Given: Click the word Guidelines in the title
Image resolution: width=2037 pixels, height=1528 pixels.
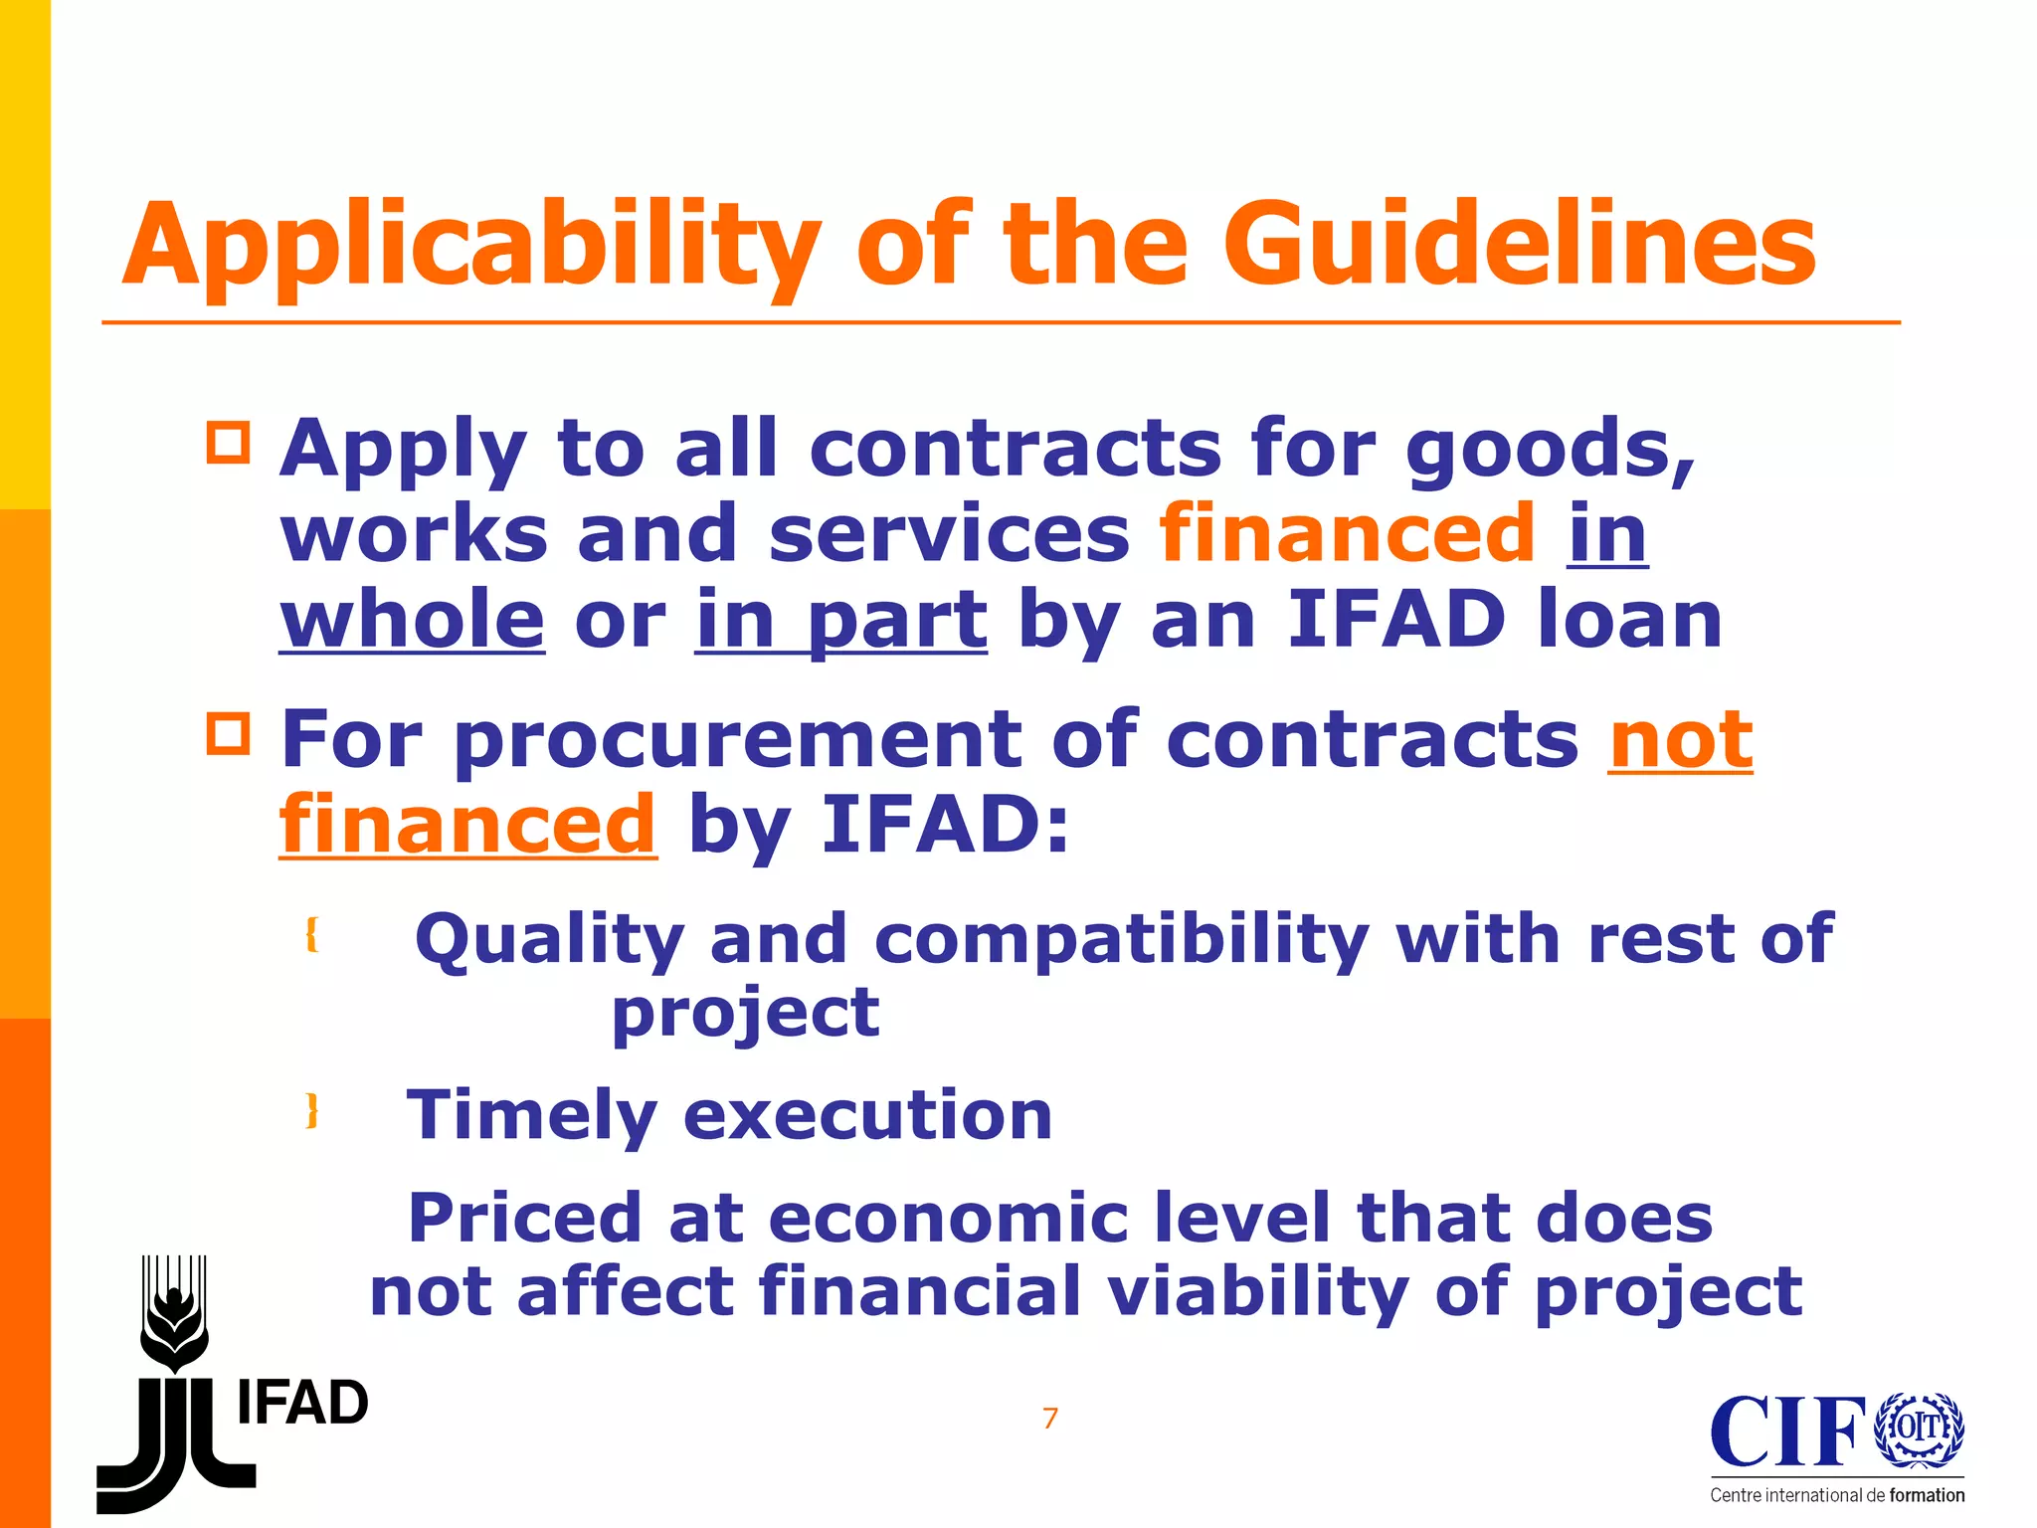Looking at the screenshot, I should tap(1519, 244).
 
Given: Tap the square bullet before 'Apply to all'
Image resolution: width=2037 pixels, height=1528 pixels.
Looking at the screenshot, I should tap(229, 442).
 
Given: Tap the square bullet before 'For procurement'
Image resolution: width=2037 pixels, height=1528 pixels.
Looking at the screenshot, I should tap(229, 734).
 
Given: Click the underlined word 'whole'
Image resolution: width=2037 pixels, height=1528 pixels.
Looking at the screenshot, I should tap(412, 619).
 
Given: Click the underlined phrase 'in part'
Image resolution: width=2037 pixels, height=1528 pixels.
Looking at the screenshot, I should tap(840, 621).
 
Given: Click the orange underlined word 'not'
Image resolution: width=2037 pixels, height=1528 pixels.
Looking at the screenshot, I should tap(1681, 740).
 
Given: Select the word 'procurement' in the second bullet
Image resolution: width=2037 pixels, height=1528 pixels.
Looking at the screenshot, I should tap(736, 742).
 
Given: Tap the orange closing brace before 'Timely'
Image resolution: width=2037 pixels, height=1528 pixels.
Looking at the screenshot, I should tap(312, 1109).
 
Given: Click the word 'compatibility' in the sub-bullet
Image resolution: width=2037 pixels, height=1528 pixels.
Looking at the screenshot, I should tap(1121, 940).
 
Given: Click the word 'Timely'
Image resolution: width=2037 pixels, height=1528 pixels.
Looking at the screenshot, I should tap(531, 1116).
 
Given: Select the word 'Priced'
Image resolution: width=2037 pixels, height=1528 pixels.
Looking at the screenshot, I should tap(525, 1218).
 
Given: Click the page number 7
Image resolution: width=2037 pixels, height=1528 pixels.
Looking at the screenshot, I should tap(1050, 1418).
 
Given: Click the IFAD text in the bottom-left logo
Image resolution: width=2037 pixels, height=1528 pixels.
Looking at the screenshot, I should tap(302, 1404).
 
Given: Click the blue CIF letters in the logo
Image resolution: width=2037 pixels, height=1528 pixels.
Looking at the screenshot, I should tap(1787, 1432).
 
